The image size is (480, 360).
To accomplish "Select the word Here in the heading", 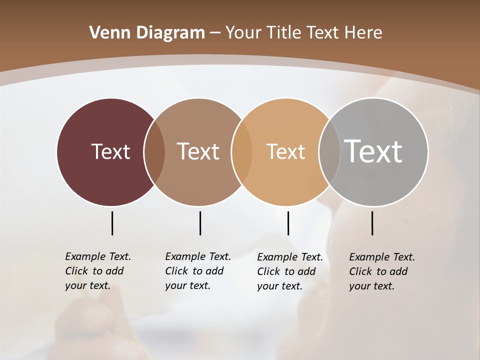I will coord(363,32).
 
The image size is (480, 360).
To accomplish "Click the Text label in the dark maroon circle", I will coord(110,151).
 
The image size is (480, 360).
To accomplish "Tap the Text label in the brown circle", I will coord(198,151).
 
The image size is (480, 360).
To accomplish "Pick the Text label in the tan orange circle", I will coord(285,151).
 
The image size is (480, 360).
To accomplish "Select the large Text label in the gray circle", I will coord(373,151).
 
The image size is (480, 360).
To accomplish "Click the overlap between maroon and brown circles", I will coord(154,152).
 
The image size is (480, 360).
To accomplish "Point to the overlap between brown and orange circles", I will coord(242,152).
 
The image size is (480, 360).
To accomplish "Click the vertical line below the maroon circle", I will coord(112,223).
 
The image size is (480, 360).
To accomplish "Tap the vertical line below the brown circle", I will coord(200,223).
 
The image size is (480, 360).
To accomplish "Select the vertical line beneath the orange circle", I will coord(288,223).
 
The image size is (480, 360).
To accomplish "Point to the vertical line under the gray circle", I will coord(372,223).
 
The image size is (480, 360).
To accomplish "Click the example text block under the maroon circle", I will coord(97,271).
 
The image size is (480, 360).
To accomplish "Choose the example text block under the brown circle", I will coord(197,271).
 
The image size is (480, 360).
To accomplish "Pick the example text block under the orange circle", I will coord(289,271).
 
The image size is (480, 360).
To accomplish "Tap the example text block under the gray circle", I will coord(381,271).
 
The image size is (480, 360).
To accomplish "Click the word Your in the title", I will coord(243,32).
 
